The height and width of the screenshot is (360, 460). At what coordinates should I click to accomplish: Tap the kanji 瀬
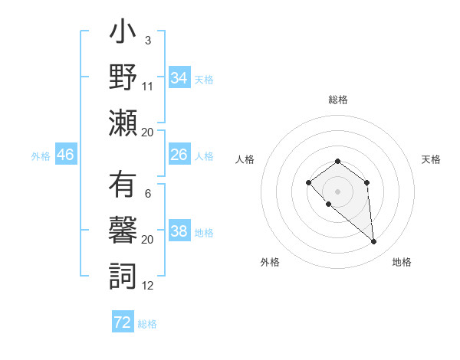(123, 123)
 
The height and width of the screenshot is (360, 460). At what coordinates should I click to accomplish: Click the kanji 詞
(123, 276)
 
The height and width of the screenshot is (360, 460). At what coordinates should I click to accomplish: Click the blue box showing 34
(179, 78)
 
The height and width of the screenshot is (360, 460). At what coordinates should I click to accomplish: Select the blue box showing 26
(179, 155)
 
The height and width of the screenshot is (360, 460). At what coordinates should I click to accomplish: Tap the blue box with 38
(179, 231)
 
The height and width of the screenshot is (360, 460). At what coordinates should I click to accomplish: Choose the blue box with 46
(65, 155)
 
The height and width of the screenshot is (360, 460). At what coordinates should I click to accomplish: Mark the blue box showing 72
(123, 322)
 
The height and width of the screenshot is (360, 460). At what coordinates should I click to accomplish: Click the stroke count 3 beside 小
(147, 40)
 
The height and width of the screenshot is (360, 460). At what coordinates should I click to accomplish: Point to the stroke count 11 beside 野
(148, 86)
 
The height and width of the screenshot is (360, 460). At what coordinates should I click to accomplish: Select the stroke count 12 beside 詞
(148, 286)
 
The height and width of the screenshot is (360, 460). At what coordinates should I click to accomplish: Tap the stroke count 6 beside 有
(147, 194)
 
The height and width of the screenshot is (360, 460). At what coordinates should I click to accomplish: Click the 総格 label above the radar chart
(338, 100)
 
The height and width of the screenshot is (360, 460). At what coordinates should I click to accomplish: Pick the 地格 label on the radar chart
(402, 262)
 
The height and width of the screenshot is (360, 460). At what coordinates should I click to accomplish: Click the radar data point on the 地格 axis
(374, 242)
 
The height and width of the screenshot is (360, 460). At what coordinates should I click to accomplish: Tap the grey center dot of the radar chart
(337, 191)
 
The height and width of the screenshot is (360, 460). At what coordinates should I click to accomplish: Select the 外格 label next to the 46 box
(41, 155)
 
